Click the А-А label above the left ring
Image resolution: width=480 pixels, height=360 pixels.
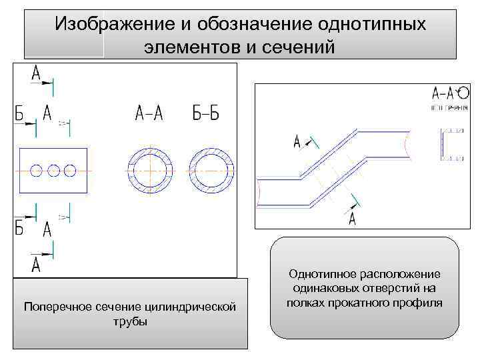pos(149,114)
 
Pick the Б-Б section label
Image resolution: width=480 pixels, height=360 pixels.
pos(205,114)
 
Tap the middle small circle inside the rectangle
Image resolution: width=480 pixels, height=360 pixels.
pos(54,171)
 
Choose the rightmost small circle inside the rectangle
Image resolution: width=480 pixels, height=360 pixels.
pos(70,171)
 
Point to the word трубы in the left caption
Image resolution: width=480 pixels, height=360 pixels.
pos(130,321)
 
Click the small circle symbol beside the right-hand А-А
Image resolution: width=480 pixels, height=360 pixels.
pos(464,93)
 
